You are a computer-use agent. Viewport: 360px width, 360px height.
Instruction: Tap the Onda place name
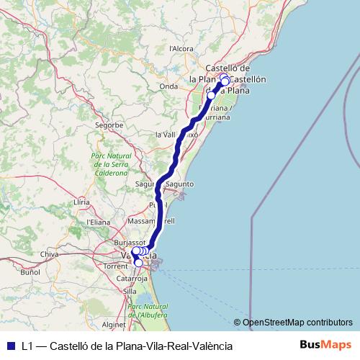pyautogui.click(x=168, y=86)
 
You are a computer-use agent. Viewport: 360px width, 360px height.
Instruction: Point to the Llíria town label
pyautogui.click(x=81, y=203)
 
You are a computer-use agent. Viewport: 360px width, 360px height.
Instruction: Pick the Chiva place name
pyautogui.click(x=50, y=254)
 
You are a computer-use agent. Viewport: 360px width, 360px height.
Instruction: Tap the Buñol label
pyautogui.click(x=30, y=273)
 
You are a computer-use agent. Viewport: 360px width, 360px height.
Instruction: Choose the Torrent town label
pyautogui.click(x=116, y=266)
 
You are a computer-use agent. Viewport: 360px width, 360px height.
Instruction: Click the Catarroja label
pyautogui.click(x=132, y=277)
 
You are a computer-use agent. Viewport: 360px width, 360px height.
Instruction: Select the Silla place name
pyautogui.click(x=130, y=291)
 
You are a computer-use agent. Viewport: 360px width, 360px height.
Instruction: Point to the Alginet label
pyautogui.click(x=114, y=324)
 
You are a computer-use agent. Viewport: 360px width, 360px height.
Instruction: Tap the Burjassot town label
pyautogui.click(x=130, y=243)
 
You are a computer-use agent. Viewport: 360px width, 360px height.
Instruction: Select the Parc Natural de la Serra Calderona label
pyautogui.click(x=109, y=163)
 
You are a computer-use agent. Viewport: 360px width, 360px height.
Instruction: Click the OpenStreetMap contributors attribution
pyautogui.click(x=297, y=323)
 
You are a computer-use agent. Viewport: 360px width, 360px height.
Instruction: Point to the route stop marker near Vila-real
pyautogui.click(x=211, y=95)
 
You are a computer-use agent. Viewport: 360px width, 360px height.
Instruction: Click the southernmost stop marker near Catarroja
pyautogui.click(x=138, y=263)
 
